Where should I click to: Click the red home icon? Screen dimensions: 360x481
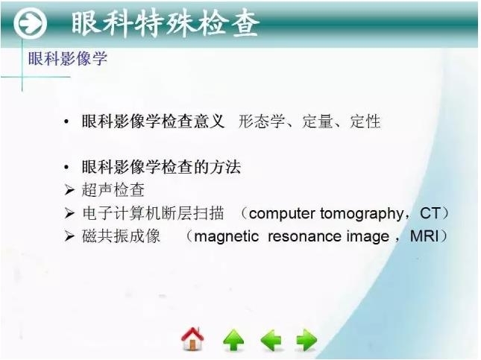pos(192,340)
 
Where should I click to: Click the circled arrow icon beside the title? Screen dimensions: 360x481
pos(31,25)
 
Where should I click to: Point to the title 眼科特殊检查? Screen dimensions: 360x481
pos(166,25)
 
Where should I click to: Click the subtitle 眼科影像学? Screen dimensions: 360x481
pos(67,59)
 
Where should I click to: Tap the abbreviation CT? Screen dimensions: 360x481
pos(430,214)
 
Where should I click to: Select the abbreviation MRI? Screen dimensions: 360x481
pos(426,237)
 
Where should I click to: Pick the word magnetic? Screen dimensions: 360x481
pos(226,237)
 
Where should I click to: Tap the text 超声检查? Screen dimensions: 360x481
pos(113,190)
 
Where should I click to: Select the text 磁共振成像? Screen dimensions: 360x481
pos(122,237)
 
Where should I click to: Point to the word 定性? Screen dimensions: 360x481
pos(365,121)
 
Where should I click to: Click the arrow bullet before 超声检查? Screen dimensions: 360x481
pos(69,190)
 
